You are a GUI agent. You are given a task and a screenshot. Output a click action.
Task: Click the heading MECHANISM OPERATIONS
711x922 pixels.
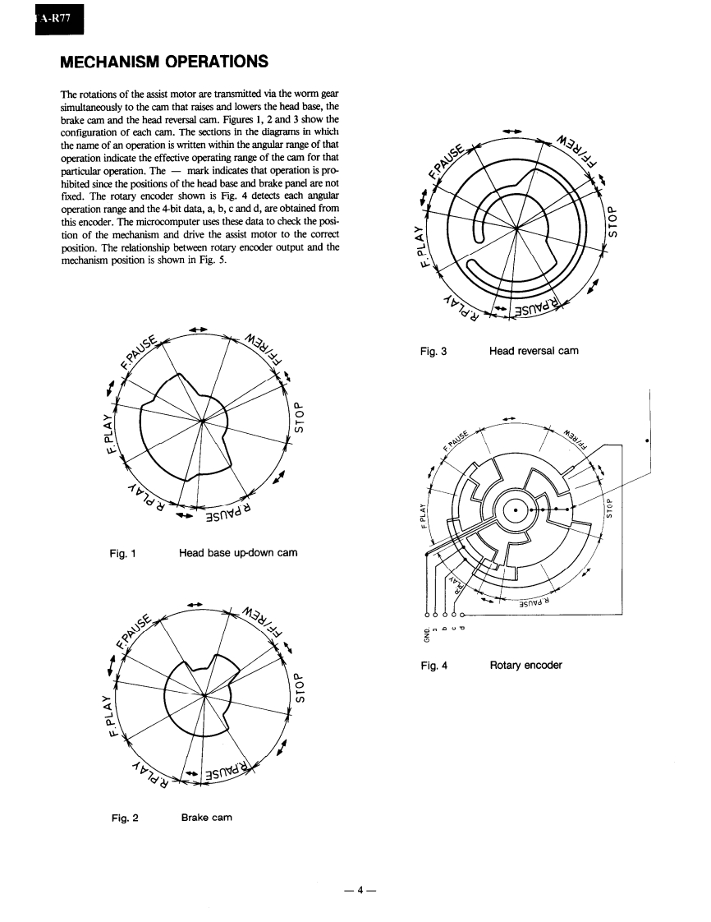pos(164,62)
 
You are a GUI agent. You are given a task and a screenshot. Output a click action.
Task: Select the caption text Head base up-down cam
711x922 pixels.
pos(238,553)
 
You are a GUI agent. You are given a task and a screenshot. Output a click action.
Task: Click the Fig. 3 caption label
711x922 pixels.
pos(433,351)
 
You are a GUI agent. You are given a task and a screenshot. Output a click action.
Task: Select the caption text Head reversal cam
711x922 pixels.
pos(534,351)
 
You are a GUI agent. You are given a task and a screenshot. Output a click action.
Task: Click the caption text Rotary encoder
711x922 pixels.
pos(525,665)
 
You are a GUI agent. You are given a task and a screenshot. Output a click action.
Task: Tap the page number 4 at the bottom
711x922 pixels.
pos(355,889)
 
